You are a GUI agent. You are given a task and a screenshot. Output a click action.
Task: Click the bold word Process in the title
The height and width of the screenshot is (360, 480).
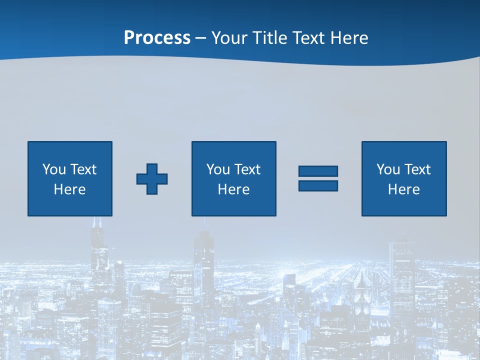[157, 38]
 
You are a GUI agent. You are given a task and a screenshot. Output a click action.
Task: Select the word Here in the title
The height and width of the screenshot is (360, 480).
[349, 38]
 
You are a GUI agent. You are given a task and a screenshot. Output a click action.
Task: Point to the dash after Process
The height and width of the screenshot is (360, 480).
[200, 38]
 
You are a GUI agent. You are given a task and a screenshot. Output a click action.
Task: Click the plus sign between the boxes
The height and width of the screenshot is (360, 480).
[152, 179]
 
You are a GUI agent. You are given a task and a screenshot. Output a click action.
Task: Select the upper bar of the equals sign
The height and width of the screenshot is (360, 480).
[318, 171]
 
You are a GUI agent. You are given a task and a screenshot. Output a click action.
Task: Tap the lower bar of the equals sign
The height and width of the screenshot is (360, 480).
[318, 185]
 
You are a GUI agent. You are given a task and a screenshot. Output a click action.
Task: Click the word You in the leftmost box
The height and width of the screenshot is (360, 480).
[53, 169]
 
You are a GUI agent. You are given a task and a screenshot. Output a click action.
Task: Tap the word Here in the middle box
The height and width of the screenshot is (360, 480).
[234, 189]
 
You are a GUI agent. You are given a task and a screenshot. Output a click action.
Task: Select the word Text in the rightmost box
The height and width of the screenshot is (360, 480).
[417, 169]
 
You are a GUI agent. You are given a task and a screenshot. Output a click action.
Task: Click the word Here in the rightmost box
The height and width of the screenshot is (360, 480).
[404, 189]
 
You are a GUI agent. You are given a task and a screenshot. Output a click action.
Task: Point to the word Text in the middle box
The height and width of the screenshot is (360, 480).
[247, 169]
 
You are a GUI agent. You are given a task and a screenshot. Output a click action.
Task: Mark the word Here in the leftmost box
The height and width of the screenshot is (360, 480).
[70, 189]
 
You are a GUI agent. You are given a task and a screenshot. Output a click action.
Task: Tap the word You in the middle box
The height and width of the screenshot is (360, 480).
[217, 169]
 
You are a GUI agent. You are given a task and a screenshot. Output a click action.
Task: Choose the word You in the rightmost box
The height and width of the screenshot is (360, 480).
[387, 169]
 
